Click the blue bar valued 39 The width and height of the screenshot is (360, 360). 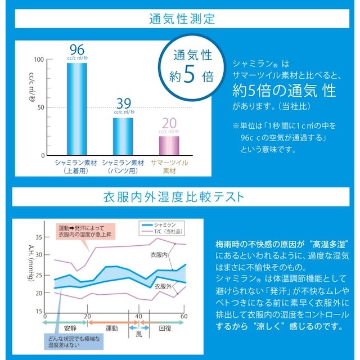coord(123,136)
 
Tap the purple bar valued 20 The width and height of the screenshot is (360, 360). coord(169,145)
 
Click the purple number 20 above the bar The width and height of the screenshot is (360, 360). coord(169,123)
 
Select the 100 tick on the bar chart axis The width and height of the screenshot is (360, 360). coord(39,60)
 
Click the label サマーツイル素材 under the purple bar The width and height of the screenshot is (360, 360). coord(169,166)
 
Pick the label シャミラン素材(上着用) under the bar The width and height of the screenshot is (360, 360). coord(76,166)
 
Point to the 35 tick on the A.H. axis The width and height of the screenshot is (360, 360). coord(39,237)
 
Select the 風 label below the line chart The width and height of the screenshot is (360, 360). coord(138,334)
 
